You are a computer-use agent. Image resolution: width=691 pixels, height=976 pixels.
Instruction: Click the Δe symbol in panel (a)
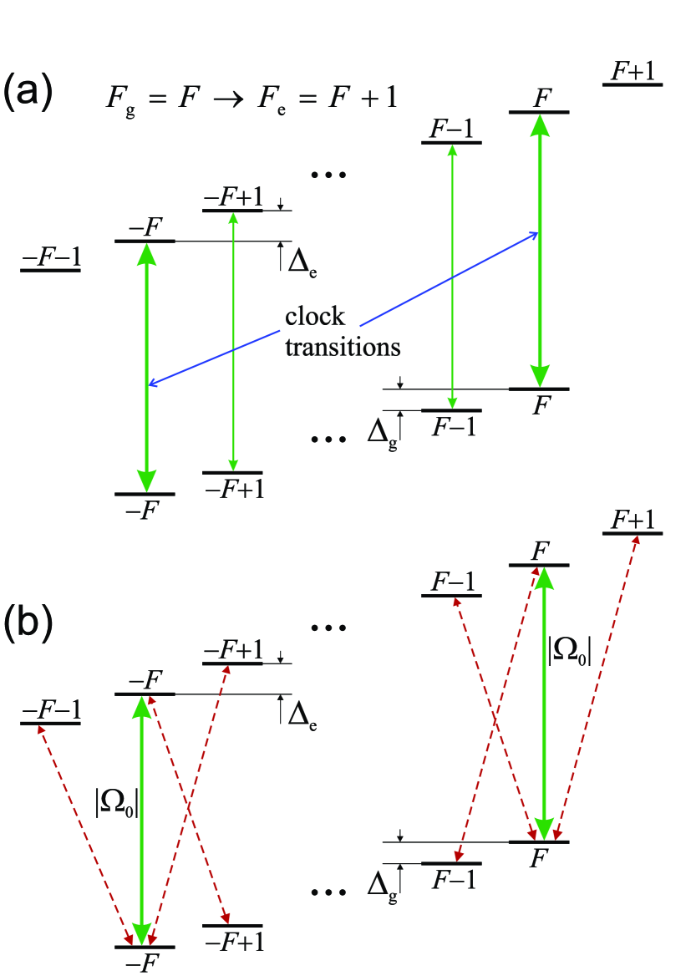(x=302, y=262)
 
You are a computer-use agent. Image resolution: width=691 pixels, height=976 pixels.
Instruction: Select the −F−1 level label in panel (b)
(x=50, y=709)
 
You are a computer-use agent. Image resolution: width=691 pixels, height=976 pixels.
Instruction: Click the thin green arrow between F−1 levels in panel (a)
(x=452, y=276)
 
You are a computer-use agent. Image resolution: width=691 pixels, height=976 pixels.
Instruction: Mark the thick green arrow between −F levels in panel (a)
(x=146, y=368)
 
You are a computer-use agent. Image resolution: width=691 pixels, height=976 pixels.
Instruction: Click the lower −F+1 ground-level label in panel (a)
(x=233, y=489)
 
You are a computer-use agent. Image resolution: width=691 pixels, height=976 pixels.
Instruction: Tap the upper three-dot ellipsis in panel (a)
(x=328, y=175)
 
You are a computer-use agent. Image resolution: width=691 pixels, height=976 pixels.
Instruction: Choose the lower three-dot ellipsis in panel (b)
(x=328, y=893)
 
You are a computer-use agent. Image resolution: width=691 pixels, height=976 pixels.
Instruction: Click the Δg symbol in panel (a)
(x=382, y=430)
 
